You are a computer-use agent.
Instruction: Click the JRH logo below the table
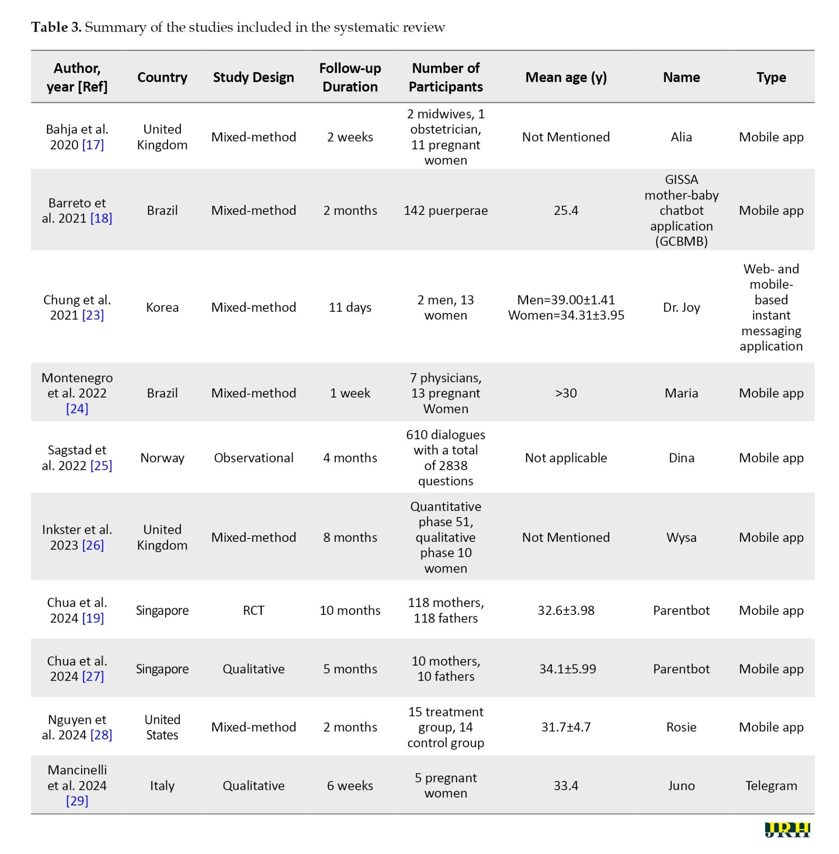pos(787,829)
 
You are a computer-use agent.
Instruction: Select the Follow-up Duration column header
pos(350,77)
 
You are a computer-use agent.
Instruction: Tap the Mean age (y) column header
pos(566,77)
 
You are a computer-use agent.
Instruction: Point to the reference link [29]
pos(77,801)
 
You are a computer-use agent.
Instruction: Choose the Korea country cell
pos(162,307)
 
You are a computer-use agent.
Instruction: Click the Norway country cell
pos(162,458)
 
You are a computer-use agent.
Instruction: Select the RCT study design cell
pos(253,610)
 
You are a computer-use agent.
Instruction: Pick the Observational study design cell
pos(253,458)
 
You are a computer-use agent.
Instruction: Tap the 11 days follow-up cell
pos(350,307)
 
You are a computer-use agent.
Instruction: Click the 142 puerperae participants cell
pos(445,210)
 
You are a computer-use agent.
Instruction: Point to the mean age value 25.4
pos(566,210)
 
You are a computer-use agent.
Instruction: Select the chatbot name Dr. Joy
pos(681,307)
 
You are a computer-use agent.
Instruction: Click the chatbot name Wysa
pos(681,537)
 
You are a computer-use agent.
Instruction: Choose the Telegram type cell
pos(771,785)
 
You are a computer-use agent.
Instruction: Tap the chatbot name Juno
pos(681,785)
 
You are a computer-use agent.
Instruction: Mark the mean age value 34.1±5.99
pos(567,669)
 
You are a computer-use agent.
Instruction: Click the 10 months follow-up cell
pos(350,610)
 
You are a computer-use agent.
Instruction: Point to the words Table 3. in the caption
pos(56,27)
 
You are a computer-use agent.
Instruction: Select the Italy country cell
pos(162,785)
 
